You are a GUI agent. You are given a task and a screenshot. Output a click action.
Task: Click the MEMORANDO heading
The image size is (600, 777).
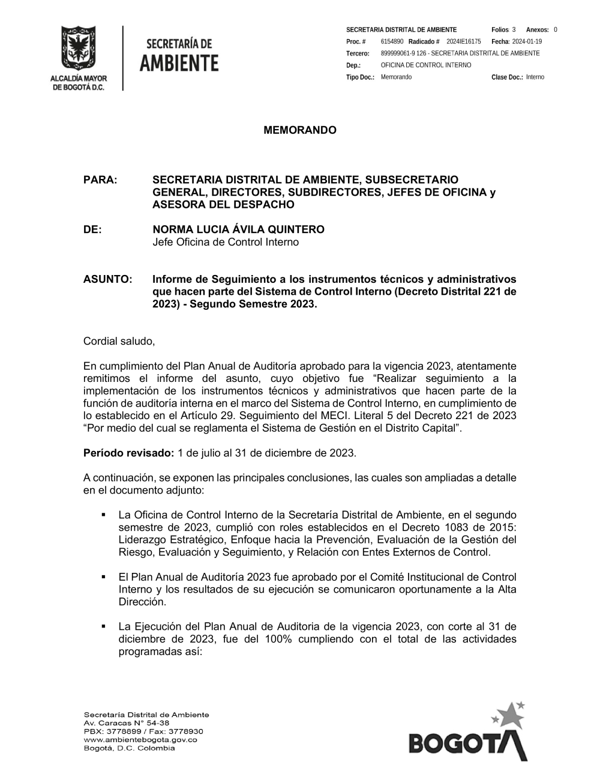(x=300, y=130)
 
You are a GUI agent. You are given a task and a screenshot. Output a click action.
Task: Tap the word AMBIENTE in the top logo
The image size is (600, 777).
(x=179, y=62)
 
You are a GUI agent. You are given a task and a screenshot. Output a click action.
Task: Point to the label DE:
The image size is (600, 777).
(x=92, y=229)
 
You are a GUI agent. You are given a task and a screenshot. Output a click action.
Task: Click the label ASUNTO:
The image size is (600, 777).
(x=107, y=279)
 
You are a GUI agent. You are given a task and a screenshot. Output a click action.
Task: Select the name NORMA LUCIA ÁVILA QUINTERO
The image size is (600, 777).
(x=238, y=229)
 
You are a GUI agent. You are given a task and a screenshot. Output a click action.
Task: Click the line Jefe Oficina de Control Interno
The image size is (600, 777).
(x=225, y=242)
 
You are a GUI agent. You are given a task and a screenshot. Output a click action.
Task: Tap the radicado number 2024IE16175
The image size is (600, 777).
(x=463, y=41)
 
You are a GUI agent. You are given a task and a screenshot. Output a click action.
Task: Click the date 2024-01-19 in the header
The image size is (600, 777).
(x=527, y=41)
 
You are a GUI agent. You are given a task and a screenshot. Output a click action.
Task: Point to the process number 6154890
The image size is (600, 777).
(x=392, y=41)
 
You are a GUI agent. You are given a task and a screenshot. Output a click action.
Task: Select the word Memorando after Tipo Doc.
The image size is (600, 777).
(x=396, y=77)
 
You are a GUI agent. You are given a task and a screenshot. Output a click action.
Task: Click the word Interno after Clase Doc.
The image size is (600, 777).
(x=535, y=77)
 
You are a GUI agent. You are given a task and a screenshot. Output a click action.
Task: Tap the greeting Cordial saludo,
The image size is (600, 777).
(x=119, y=341)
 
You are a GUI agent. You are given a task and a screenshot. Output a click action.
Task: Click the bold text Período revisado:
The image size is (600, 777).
(x=128, y=453)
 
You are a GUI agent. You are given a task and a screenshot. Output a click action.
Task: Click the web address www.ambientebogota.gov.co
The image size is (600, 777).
(x=140, y=740)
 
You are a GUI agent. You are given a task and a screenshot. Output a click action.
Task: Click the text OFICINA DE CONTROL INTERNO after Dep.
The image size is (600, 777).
(x=425, y=65)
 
